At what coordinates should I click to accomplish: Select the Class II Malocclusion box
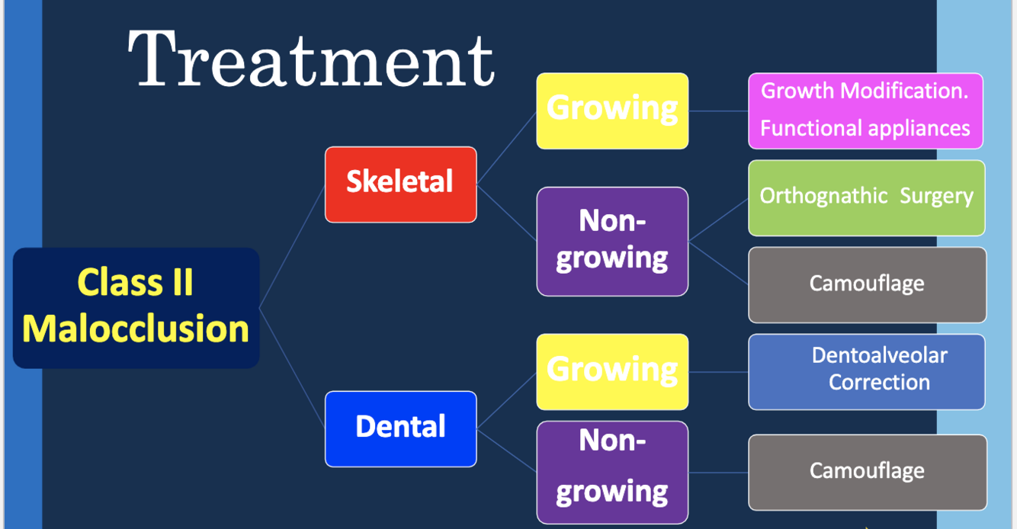click(x=136, y=307)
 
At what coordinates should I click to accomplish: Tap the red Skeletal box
click(x=400, y=184)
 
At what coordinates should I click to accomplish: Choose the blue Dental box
click(x=400, y=428)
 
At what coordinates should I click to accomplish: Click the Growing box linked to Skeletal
click(x=612, y=111)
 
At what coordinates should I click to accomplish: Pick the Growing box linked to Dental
click(x=612, y=371)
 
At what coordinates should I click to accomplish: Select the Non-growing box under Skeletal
click(x=612, y=241)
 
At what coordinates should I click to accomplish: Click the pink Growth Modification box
click(x=865, y=111)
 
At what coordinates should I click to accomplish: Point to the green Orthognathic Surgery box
click(x=866, y=197)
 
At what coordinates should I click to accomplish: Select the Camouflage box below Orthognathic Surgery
click(x=867, y=284)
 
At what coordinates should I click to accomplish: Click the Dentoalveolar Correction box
click(x=867, y=371)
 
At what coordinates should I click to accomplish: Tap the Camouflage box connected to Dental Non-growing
click(x=867, y=472)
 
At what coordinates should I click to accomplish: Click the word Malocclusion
click(x=136, y=329)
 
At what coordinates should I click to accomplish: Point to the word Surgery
click(x=936, y=197)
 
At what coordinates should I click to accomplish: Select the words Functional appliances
click(x=865, y=128)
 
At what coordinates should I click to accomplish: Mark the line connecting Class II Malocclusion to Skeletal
click(x=293, y=245)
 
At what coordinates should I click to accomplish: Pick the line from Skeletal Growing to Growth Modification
click(x=718, y=111)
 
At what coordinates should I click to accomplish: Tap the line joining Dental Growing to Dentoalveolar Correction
click(x=718, y=372)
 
